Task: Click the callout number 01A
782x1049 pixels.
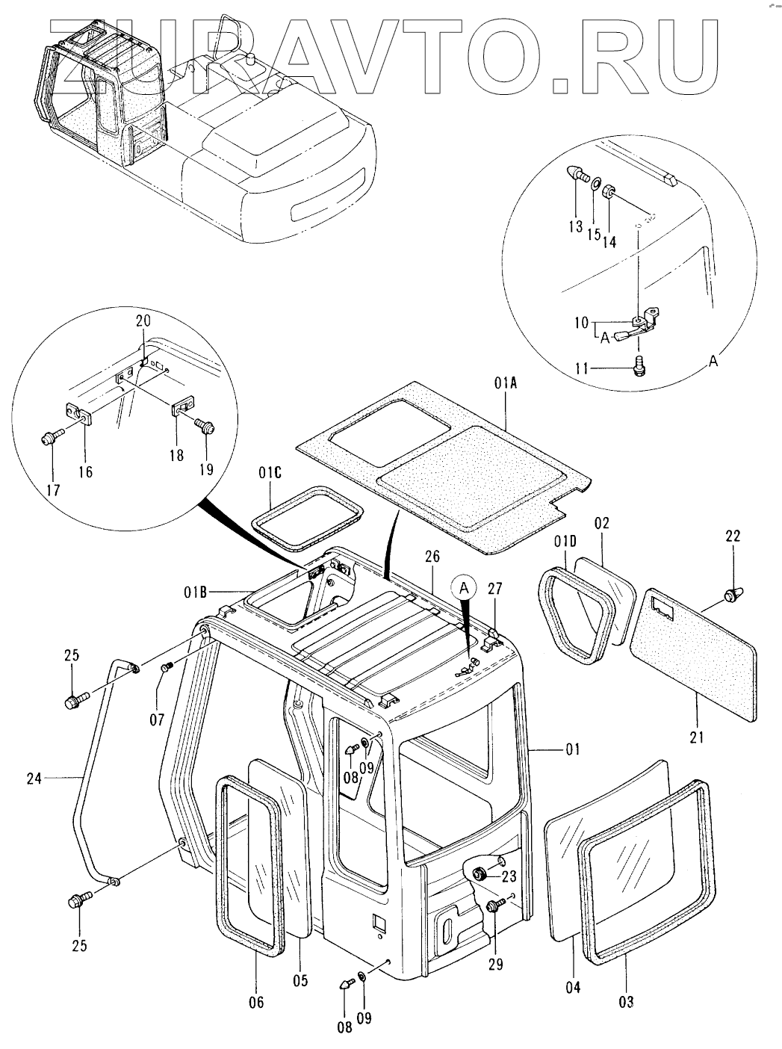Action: pyautogui.click(x=506, y=383)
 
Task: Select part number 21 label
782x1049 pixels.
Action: pyautogui.click(x=697, y=737)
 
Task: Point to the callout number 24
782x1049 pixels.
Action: pyautogui.click(x=34, y=779)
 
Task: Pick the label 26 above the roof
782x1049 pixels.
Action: pyautogui.click(x=432, y=557)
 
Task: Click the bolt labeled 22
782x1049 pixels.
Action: pyautogui.click(x=731, y=595)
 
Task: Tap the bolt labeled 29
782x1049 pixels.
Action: pyautogui.click(x=495, y=905)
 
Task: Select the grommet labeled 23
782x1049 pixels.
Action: pyautogui.click(x=480, y=874)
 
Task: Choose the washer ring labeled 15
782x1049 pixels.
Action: pyautogui.click(x=595, y=184)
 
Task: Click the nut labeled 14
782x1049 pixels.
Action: pyautogui.click(x=609, y=192)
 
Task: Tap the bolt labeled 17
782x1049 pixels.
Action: pyautogui.click(x=49, y=436)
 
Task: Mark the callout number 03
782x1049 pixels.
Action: pyautogui.click(x=626, y=988)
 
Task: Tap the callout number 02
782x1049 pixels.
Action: pyautogui.click(x=602, y=523)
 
